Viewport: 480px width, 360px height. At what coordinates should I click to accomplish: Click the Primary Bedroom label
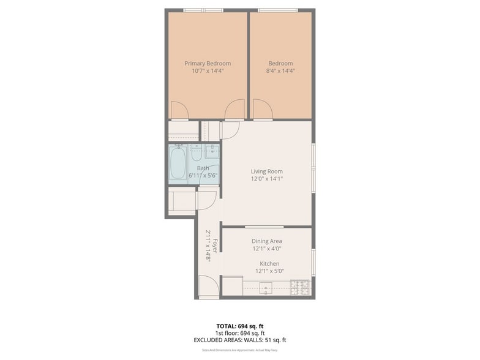(x=208, y=63)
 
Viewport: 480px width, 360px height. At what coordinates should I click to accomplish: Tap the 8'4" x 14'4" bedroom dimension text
(x=280, y=71)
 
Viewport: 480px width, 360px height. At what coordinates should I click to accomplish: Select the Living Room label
(x=266, y=171)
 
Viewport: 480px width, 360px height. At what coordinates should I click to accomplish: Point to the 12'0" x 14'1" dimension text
(x=266, y=179)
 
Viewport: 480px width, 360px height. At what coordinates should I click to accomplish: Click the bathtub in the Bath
(x=178, y=163)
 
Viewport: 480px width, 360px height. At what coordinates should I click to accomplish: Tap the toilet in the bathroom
(x=197, y=152)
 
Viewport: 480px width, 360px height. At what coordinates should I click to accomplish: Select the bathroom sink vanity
(x=212, y=151)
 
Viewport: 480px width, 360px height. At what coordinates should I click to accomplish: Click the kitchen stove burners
(x=300, y=287)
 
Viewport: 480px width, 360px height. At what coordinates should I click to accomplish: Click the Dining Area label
(x=267, y=241)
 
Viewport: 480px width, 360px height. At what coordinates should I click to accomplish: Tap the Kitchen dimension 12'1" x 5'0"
(x=269, y=271)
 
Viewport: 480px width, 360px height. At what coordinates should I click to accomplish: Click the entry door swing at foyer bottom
(x=208, y=286)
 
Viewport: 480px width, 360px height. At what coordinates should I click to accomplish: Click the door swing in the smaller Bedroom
(x=262, y=109)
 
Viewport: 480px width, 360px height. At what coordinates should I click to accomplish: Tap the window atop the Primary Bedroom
(x=203, y=10)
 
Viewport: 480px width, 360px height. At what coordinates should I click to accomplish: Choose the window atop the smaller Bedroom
(x=277, y=10)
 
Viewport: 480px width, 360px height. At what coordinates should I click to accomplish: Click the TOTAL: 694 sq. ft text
(x=240, y=326)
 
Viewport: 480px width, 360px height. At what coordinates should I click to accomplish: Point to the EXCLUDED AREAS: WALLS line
(x=240, y=340)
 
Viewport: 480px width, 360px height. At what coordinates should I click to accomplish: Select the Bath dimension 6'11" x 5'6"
(x=203, y=176)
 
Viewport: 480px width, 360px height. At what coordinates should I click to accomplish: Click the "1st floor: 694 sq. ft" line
(x=240, y=333)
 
